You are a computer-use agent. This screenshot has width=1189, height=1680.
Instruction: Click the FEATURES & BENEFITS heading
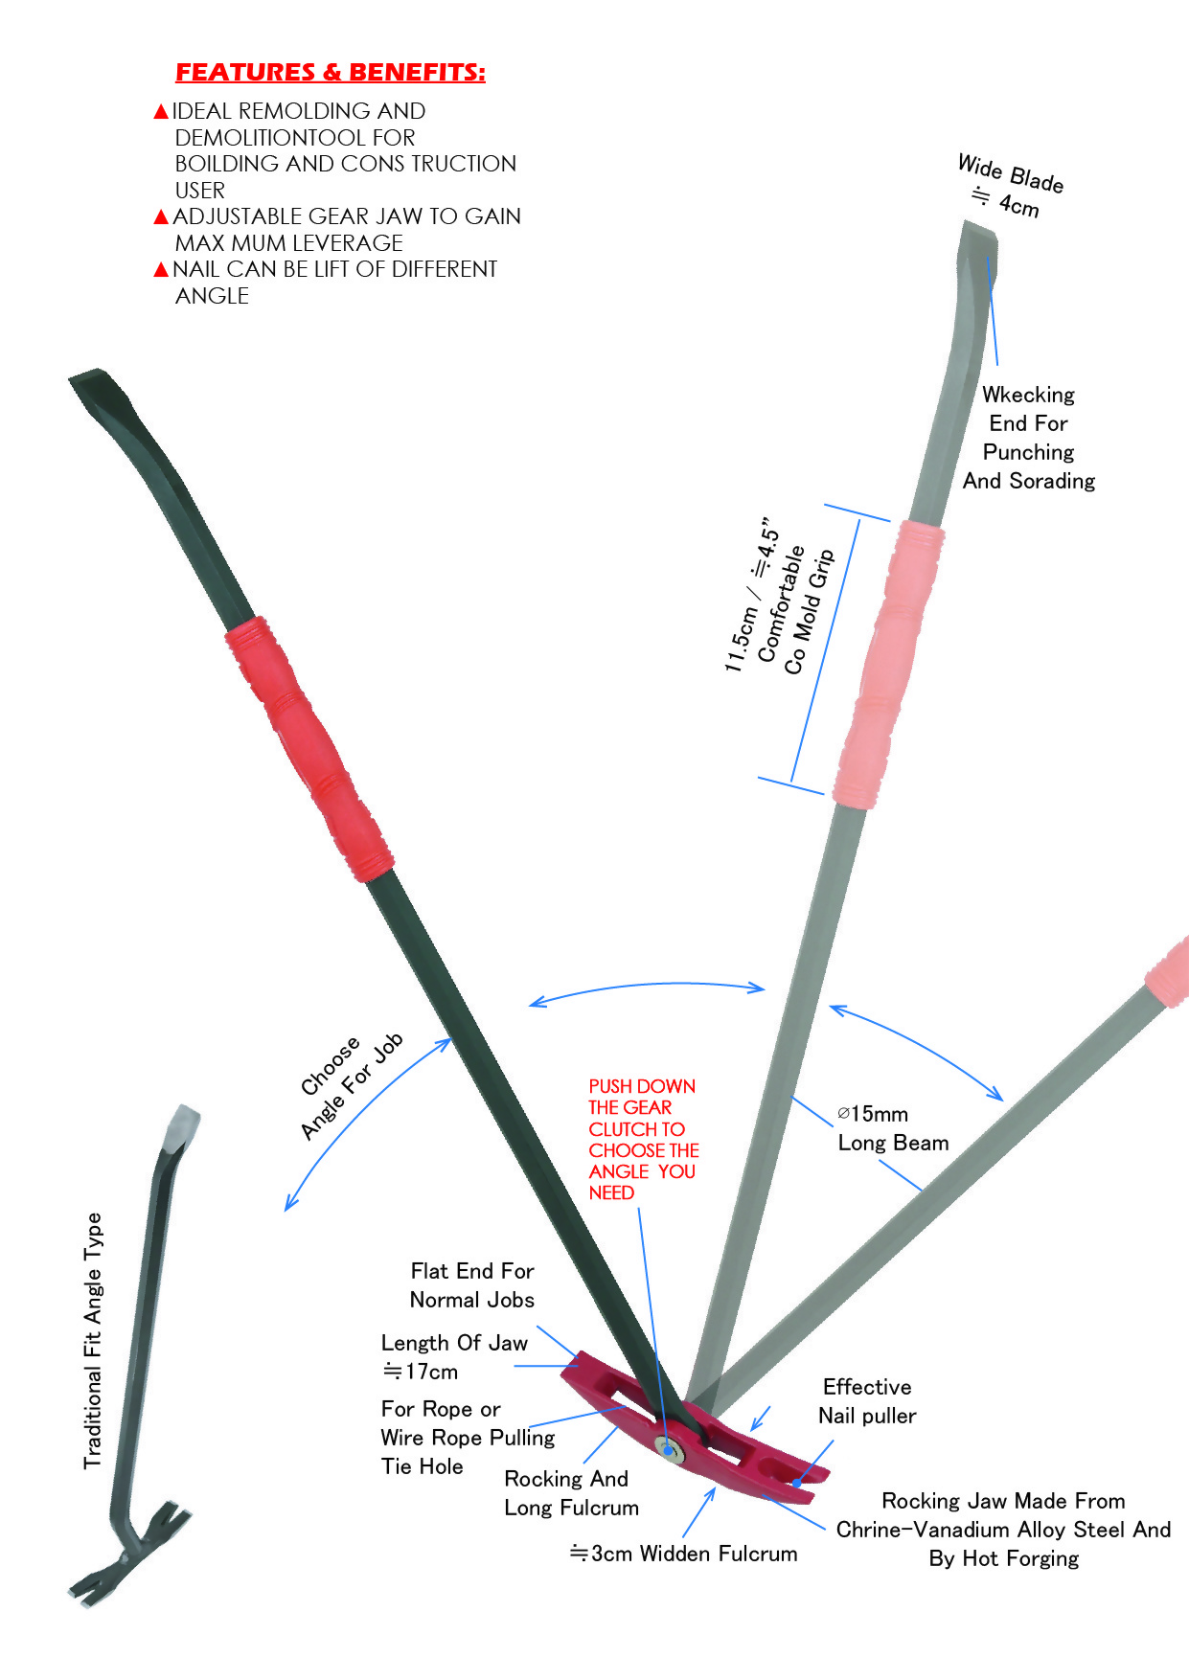tap(330, 73)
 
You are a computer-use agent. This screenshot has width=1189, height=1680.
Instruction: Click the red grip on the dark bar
tap(309, 748)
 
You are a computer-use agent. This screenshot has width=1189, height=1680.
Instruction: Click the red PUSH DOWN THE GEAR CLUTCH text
tap(642, 1139)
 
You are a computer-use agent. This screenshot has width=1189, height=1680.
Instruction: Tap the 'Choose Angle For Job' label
tap(351, 1086)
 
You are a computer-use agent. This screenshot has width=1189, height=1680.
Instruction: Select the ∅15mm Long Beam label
tap(892, 1128)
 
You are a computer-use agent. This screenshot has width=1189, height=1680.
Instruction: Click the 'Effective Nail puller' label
tap(867, 1401)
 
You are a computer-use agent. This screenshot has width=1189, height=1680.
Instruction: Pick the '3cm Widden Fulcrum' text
tap(684, 1554)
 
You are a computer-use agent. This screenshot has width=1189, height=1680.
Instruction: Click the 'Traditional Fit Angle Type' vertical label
tap(93, 1340)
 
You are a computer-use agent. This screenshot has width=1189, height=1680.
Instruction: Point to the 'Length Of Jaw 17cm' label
tap(453, 1356)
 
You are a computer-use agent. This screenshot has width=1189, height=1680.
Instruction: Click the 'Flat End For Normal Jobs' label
tap(471, 1285)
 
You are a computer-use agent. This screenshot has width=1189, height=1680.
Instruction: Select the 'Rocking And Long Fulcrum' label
tap(571, 1493)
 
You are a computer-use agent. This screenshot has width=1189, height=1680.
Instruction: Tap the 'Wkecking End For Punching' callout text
tap(1028, 438)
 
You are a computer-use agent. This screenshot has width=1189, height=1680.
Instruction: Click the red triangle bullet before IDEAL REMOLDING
tap(161, 112)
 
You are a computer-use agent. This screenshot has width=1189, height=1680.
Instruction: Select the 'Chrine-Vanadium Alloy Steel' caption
tap(1003, 1530)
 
